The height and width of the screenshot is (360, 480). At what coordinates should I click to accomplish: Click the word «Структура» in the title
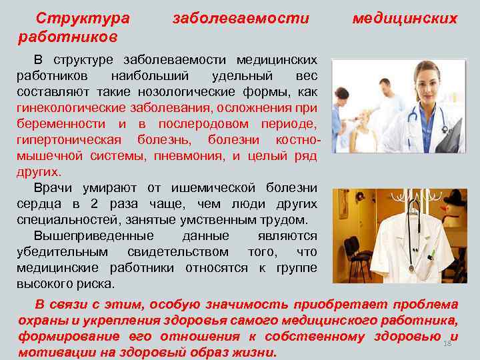coord(83,18)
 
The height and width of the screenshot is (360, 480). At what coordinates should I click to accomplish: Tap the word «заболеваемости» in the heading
coord(241,18)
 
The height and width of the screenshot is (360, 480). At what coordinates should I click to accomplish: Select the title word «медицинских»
coord(405,18)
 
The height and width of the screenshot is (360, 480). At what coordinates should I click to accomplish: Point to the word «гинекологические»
coord(72,109)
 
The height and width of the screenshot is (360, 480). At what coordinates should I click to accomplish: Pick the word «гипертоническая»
coord(69,140)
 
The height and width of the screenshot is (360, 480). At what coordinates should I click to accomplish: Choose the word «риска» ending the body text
coord(94,283)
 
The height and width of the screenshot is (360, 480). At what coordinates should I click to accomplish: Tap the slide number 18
coord(447,343)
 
